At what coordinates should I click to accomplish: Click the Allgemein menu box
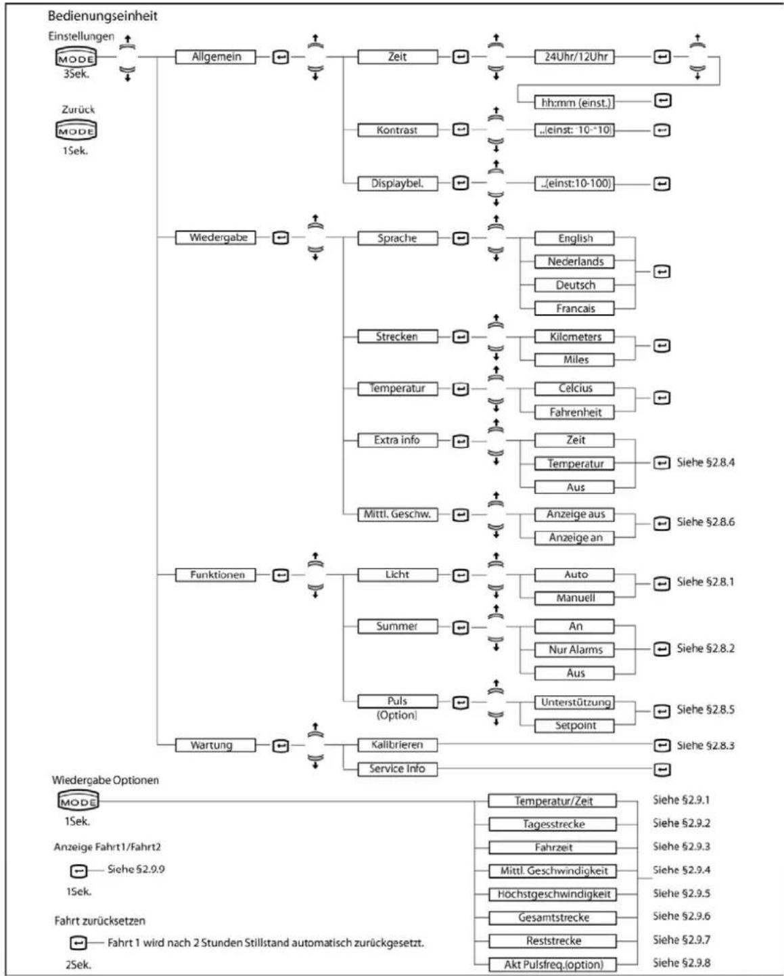(x=216, y=58)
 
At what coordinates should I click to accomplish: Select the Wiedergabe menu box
(x=216, y=238)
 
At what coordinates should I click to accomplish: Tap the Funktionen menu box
(x=216, y=575)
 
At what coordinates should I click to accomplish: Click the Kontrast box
(x=397, y=129)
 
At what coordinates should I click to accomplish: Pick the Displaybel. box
(x=397, y=183)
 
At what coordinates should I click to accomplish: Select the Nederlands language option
(x=575, y=261)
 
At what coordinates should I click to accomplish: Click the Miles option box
(x=575, y=359)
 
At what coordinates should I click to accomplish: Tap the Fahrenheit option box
(x=575, y=412)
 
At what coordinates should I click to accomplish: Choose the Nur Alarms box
(x=575, y=650)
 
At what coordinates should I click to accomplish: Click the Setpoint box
(x=575, y=726)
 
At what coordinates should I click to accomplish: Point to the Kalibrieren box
(x=397, y=745)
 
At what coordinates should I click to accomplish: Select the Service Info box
(x=397, y=769)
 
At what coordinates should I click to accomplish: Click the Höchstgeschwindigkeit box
(x=553, y=894)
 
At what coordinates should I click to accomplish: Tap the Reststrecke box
(x=553, y=941)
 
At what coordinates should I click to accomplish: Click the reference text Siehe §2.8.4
(x=706, y=464)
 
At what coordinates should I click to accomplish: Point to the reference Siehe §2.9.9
(x=136, y=869)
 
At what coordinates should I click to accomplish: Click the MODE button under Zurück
(x=76, y=130)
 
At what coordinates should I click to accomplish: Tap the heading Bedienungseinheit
(x=102, y=16)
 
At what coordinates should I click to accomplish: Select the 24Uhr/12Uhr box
(x=575, y=58)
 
